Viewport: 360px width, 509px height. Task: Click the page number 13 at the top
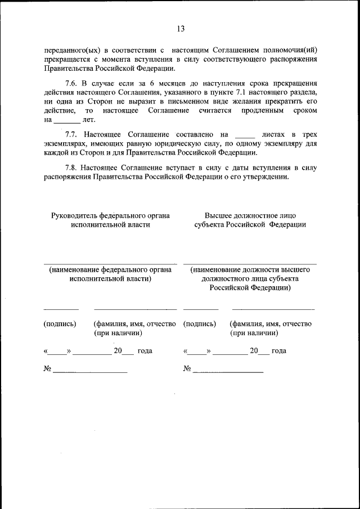point(180,28)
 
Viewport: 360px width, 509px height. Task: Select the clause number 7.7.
point(73,134)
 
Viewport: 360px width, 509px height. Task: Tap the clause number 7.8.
point(71,167)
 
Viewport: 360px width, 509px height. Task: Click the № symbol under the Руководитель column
point(48,370)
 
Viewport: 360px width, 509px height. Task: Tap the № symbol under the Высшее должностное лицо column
point(187,370)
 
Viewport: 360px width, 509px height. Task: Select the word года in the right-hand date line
point(278,351)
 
